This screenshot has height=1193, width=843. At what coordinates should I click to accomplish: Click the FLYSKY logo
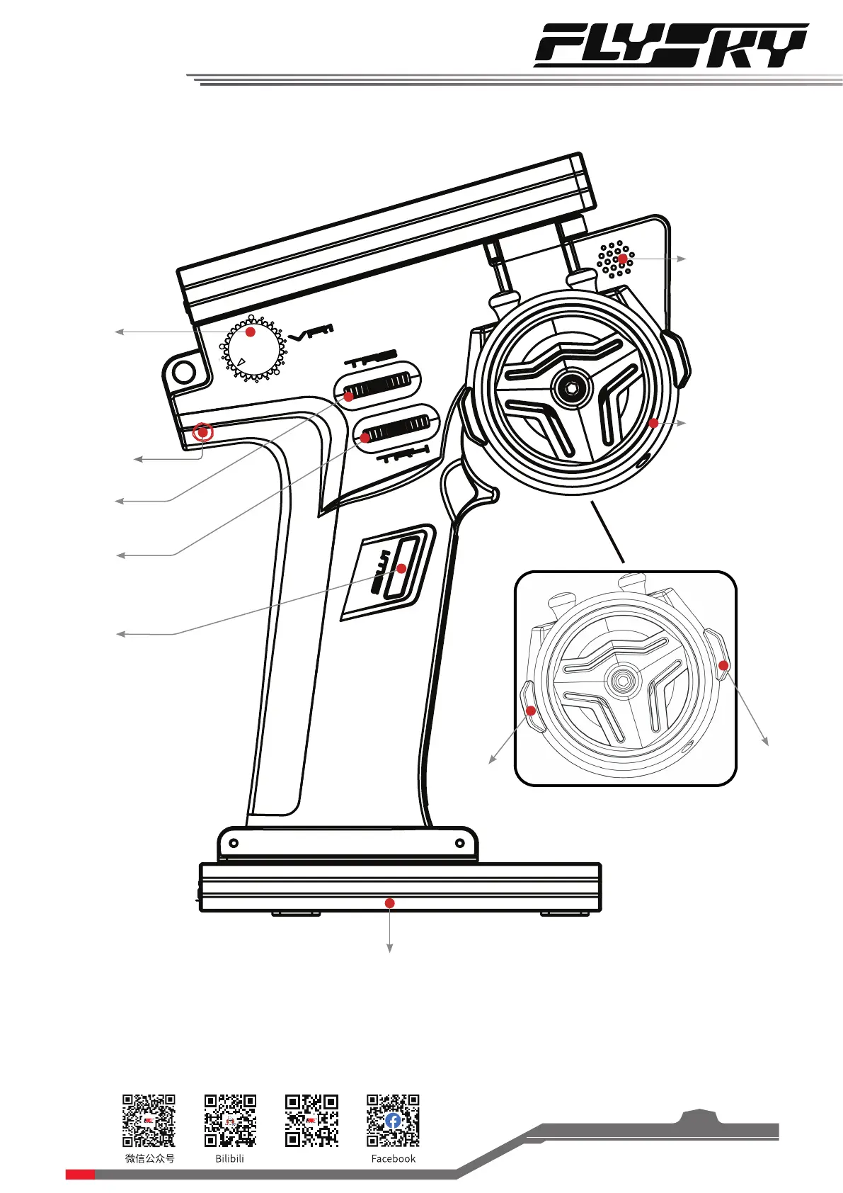pyautogui.click(x=670, y=46)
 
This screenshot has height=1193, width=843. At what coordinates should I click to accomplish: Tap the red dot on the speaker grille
pyautogui.click(x=622, y=259)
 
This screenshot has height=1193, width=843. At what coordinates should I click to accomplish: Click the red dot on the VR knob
pyautogui.click(x=250, y=332)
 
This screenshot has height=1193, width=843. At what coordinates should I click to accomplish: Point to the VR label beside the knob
pyautogui.click(x=311, y=333)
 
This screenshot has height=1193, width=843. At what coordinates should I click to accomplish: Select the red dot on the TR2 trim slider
pyautogui.click(x=348, y=396)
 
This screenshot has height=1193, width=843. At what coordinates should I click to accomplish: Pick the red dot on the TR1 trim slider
pyautogui.click(x=365, y=438)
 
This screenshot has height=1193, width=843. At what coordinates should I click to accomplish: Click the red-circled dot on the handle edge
pyautogui.click(x=203, y=431)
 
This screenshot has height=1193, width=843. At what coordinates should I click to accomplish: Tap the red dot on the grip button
pyautogui.click(x=401, y=568)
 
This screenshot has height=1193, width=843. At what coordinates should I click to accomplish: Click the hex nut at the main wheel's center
pyautogui.click(x=570, y=387)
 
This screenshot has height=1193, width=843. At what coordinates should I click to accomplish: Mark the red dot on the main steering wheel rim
pyautogui.click(x=653, y=423)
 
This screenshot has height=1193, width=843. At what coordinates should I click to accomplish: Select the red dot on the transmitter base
pyautogui.click(x=389, y=903)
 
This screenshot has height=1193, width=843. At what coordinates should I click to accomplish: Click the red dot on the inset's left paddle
pyautogui.click(x=531, y=710)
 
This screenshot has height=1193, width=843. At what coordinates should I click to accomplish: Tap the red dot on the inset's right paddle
pyautogui.click(x=723, y=665)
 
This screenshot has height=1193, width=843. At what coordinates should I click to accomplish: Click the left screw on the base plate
pyautogui.click(x=234, y=843)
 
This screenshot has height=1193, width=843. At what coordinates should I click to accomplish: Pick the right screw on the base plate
pyautogui.click(x=460, y=843)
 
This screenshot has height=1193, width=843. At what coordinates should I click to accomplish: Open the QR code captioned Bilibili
pyautogui.click(x=230, y=1120)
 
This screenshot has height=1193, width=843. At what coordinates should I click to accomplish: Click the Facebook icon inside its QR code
pyautogui.click(x=394, y=1120)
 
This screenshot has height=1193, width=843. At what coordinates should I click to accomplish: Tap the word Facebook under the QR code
pyautogui.click(x=394, y=1159)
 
